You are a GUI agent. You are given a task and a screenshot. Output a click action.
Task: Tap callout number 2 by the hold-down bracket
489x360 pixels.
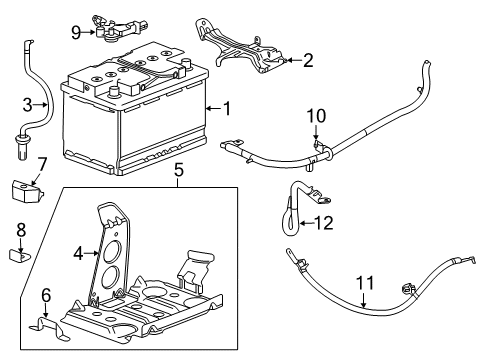tap(308, 61)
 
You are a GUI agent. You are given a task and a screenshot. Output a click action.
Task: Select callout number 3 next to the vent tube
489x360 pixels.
tap(29, 103)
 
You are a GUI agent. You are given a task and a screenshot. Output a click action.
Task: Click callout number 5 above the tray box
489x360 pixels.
tap(179, 171)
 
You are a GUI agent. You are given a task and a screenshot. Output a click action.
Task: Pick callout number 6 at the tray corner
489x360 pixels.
tap(44, 294)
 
